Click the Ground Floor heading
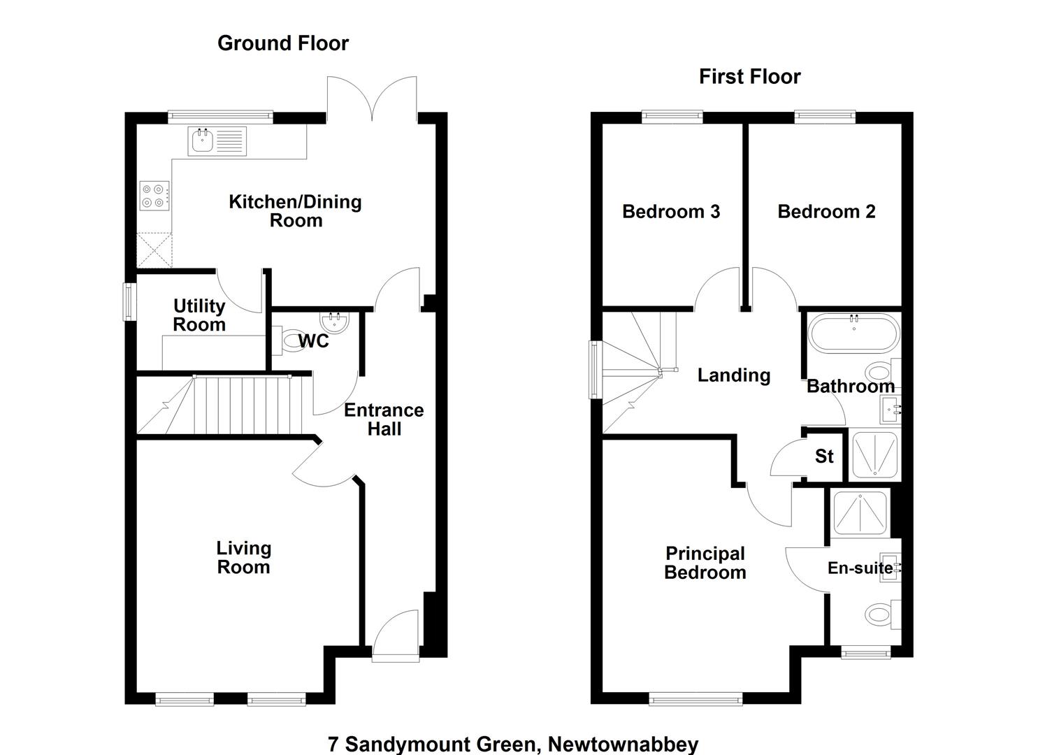[x=282, y=43]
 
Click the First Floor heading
[x=750, y=77]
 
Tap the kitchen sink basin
[x=201, y=141]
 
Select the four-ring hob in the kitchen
[x=154, y=196]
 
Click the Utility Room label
[x=199, y=315]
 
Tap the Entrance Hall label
[x=384, y=419]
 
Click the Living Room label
[x=244, y=558]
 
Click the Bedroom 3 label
[x=671, y=212]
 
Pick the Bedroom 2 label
[x=826, y=212]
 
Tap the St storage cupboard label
[x=824, y=456]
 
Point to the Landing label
[x=734, y=375]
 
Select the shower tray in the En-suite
[x=860, y=512]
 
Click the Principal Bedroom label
[x=705, y=563]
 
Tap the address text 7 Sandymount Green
[x=432, y=745]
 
